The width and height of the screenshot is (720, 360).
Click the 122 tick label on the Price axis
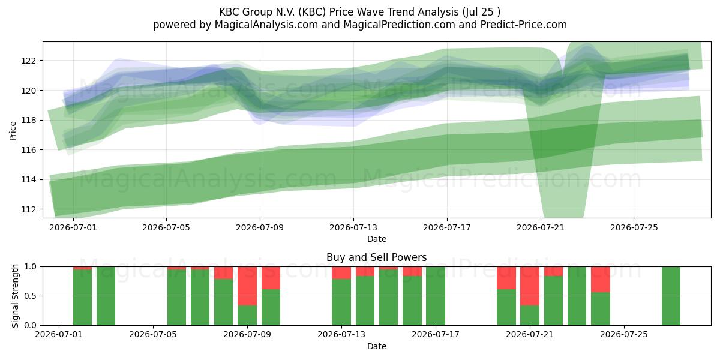click(x=28, y=61)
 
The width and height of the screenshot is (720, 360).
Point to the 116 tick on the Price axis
click(x=28, y=150)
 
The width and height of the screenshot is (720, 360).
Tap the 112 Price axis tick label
click(x=28, y=209)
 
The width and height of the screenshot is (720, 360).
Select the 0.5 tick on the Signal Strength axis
click(x=31, y=296)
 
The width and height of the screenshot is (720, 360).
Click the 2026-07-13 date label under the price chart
click(x=353, y=227)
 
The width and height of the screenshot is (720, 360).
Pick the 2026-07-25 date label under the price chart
click(x=634, y=227)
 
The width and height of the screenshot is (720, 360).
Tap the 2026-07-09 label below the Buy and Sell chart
click(x=247, y=335)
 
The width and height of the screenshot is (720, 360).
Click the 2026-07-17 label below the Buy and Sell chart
click(x=436, y=335)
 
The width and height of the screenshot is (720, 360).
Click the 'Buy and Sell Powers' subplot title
click(x=376, y=257)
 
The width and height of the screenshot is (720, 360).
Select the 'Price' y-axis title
click(x=13, y=131)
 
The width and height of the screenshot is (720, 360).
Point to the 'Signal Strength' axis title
click(x=15, y=296)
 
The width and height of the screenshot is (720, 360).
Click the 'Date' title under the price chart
click(x=377, y=239)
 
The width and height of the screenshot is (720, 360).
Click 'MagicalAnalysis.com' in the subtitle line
click(x=266, y=25)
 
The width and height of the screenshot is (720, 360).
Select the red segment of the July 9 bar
click(x=247, y=286)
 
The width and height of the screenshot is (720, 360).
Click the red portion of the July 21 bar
click(x=530, y=286)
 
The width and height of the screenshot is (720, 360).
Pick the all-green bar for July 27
click(x=671, y=296)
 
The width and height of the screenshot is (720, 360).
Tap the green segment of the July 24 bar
click(x=601, y=309)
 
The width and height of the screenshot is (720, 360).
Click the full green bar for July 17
click(x=436, y=296)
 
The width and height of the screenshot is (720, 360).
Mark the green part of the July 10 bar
click(x=271, y=307)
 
